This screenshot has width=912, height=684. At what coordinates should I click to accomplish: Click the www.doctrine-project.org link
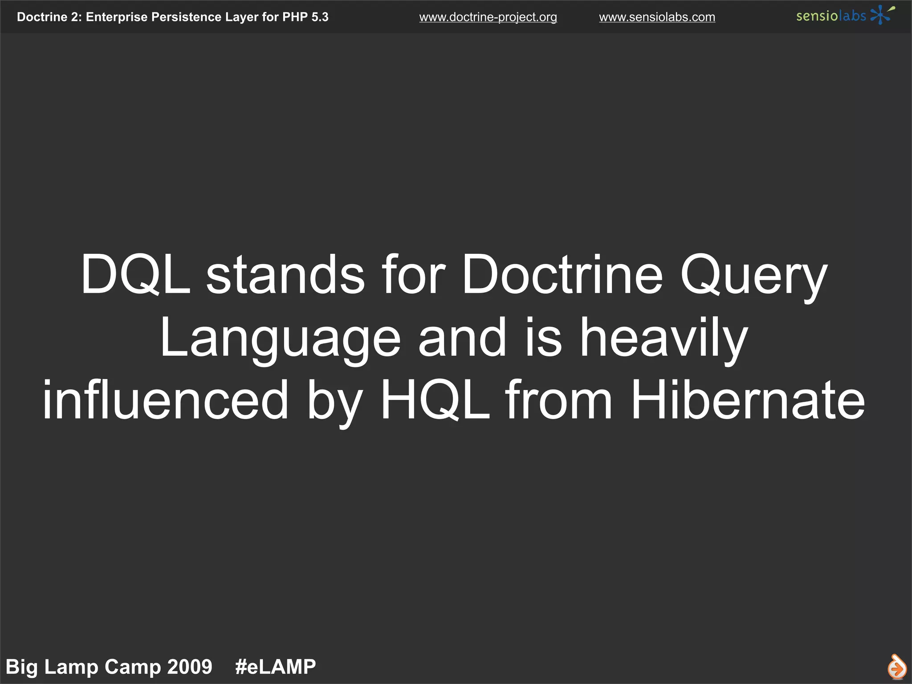coord(488,17)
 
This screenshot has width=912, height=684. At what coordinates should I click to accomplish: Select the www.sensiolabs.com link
coord(657,17)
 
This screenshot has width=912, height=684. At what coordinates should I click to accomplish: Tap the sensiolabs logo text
coord(831,16)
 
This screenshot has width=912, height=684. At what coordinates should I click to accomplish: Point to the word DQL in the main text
coord(135,274)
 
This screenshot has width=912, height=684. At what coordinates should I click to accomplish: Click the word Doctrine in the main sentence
coord(562,274)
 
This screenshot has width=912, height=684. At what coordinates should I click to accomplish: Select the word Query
coord(753,276)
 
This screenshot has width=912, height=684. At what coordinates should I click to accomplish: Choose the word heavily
coord(663,338)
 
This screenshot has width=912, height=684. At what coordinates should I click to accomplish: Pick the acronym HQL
coord(435,399)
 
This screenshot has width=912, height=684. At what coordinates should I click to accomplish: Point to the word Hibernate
coord(748,399)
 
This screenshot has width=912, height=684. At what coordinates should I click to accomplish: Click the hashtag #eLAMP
coord(275,667)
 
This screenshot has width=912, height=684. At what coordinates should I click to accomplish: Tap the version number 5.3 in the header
coord(320,17)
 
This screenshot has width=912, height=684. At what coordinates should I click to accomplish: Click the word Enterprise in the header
coord(117,17)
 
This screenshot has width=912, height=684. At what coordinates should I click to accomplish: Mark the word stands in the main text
coord(285,274)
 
